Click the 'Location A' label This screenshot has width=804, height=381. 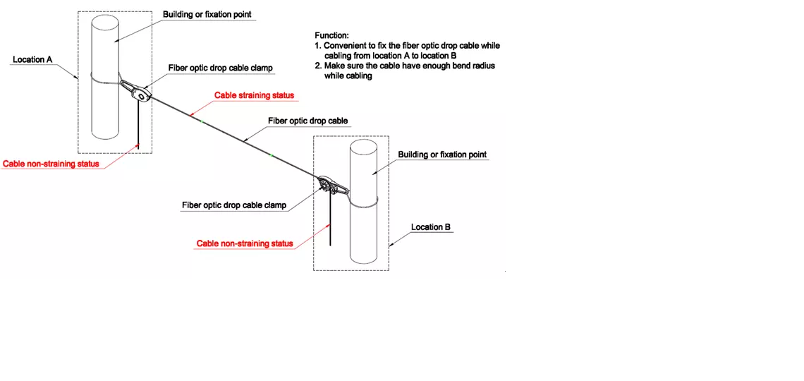(33, 59)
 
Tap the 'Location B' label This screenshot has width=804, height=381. (431, 227)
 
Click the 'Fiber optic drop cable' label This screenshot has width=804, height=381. (308, 121)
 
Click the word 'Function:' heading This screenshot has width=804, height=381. (331, 36)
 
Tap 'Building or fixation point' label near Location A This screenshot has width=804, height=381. (207, 14)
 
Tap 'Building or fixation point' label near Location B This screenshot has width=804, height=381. (442, 155)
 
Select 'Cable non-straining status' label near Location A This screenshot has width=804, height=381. (51, 164)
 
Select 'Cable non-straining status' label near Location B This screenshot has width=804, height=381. (245, 243)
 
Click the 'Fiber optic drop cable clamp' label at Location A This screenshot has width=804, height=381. (220, 68)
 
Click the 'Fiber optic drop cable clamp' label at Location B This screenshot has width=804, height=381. (234, 205)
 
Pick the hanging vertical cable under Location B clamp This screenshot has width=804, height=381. (331, 222)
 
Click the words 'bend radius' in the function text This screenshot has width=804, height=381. (473, 66)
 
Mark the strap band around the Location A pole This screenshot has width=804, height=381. (106, 78)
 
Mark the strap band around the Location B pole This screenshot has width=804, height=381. (363, 202)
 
